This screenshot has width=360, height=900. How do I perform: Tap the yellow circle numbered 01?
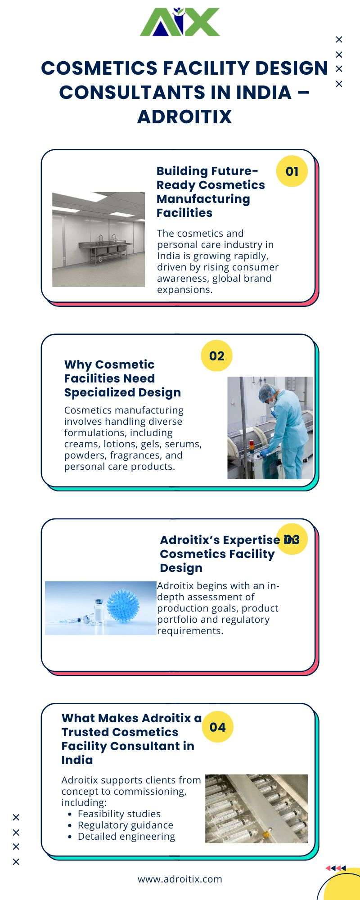[292, 171]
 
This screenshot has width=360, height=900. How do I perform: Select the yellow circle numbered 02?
[216, 355]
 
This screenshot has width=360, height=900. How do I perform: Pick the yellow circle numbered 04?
[217, 727]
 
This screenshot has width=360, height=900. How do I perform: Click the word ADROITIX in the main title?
[184, 117]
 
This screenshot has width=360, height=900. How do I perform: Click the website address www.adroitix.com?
[180, 879]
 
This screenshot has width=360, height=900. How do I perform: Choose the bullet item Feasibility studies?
[119, 814]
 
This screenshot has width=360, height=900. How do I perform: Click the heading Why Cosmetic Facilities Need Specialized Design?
[122, 378]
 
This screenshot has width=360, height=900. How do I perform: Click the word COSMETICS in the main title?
[98, 68]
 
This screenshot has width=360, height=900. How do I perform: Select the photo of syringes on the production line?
[256, 809]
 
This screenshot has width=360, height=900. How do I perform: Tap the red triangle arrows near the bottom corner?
[336, 868]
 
